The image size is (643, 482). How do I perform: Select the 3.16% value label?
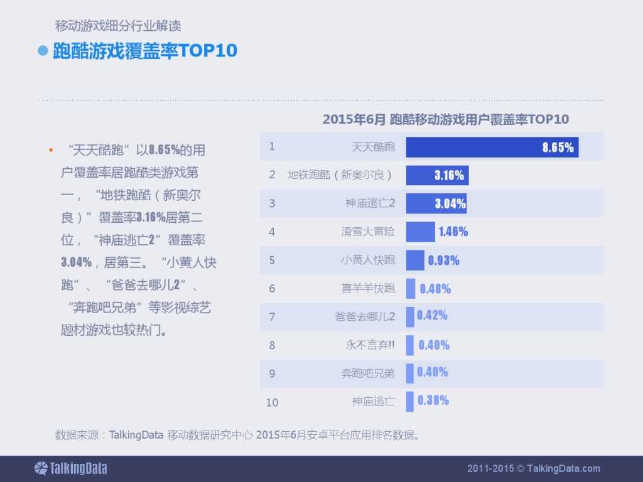pyautogui.click(x=449, y=176)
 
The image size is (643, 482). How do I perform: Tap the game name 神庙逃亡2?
pyautogui.click(x=370, y=203)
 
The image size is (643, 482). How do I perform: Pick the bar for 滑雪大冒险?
pyautogui.click(x=420, y=232)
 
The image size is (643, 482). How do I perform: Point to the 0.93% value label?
pyautogui.click(x=443, y=260)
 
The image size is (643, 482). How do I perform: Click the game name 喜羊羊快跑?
pyautogui.click(x=368, y=289)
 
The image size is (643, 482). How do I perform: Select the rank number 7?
pyautogui.click(x=272, y=317)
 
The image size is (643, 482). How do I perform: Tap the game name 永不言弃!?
pyautogui.click(x=370, y=345)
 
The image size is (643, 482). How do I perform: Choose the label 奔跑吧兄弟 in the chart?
pyautogui.click(x=368, y=373)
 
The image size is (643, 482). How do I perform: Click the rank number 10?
pyautogui.click(x=272, y=402)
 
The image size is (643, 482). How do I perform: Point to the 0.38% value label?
pyautogui.click(x=433, y=400)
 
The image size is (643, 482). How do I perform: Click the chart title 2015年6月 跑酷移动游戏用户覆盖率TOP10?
pyautogui.click(x=445, y=119)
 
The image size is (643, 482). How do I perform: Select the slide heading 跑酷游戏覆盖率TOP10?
pyautogui.click(x=145, y=51)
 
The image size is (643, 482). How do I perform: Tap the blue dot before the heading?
pyautogui.click(x=43, y=51)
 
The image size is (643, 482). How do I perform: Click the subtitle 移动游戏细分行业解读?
pyautogui.click(x=118, y=26)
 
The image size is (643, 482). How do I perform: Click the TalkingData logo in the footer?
pyautogui.click(x=70, y=468)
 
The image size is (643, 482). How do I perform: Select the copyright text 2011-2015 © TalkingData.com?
pyautogui.click(x=534, y=468)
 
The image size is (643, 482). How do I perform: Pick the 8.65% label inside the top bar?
pyautogui.click(x=558, y=147)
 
